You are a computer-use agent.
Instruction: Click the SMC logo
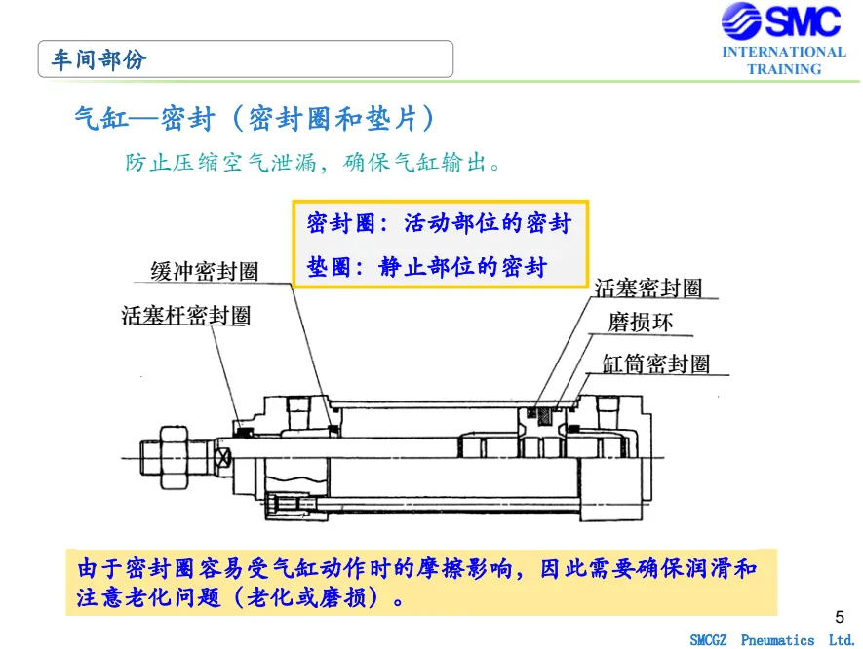coord(780,20)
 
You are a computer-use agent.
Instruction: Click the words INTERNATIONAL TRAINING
coord(784,60)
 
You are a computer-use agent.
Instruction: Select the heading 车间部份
coord(99,59)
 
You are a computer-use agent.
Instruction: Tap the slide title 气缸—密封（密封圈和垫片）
coord(255,118)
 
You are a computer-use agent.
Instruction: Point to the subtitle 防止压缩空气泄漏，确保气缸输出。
coord(313,162)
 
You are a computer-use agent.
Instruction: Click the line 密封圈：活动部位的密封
coord(439,223)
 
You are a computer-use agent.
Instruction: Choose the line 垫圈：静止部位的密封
coord(427,267)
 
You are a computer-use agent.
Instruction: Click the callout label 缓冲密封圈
coord(204,271)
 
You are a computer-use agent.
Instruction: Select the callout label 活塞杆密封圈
coord(186,315)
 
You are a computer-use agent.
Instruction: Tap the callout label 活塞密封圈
coord(648,287)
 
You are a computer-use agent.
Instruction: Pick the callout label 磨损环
coord(640,322)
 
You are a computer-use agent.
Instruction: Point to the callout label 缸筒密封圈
coord(656,363)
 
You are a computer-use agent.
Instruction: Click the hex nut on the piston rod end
coord(174,457)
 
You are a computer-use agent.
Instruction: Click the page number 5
coord(840,617)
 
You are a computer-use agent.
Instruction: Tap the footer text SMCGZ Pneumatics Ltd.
coord(772,640)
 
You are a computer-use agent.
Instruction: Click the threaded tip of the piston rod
coord(150,457)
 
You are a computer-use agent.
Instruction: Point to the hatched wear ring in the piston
coord(544,417)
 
